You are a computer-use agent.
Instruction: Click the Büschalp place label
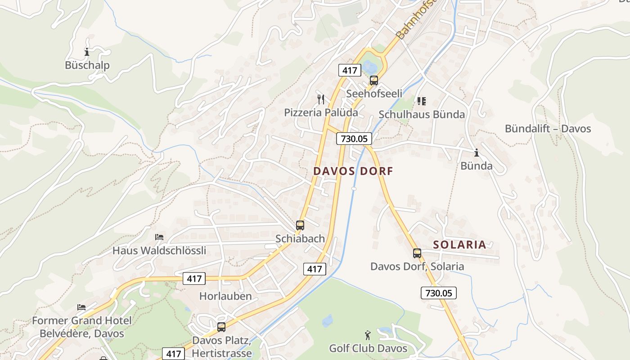(87, 65)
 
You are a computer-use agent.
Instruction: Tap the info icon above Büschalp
(87, 52)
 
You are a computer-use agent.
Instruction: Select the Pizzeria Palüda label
(321, 112)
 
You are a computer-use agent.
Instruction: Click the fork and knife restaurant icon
(321, 99)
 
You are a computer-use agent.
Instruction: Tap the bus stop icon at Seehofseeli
(373, 81)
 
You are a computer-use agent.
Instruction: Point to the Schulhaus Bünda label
(422, 114)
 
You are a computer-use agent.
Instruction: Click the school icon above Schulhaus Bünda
(421, 101)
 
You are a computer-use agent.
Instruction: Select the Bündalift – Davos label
(548, 129)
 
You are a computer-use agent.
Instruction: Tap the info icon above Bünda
(476, 153)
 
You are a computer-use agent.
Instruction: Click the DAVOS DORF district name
(353, 171)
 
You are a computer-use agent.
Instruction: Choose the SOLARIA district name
(459, 245)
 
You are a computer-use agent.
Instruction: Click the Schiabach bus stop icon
(300, 225)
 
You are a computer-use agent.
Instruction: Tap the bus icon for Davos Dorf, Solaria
(417, 253)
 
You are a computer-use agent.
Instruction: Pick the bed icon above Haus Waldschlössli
(159, 237)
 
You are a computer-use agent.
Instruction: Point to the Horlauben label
(225, 296)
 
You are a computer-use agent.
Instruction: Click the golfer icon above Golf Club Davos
(368, 335)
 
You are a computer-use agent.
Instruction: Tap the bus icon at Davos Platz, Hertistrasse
(221, 327)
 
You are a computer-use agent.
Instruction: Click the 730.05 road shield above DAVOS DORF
(354, 139)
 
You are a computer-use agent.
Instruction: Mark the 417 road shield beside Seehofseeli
(350, 70)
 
